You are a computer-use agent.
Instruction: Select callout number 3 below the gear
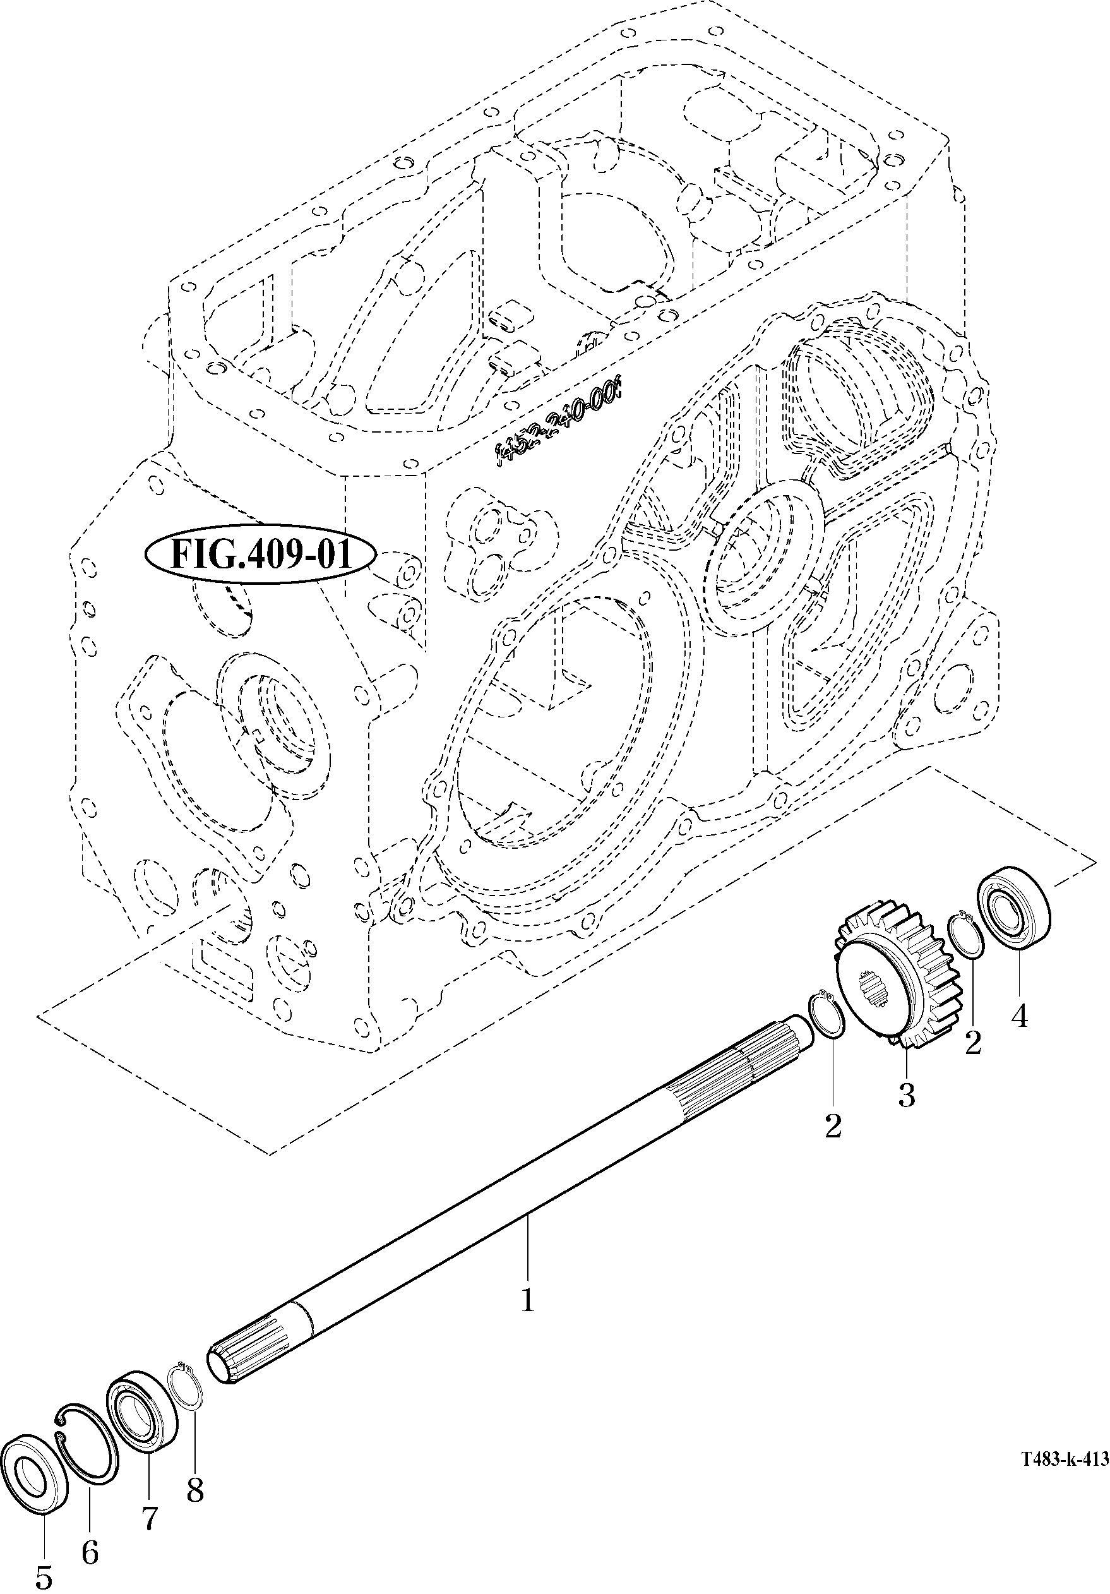(x=905, y=1096)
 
